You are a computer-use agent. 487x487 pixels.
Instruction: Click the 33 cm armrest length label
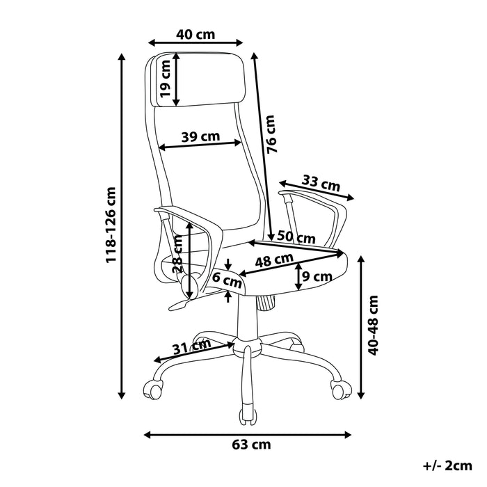pos(321,184)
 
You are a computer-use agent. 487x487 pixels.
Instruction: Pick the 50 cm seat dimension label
pos(296,237)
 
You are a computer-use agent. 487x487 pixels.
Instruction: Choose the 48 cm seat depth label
pos(273,261)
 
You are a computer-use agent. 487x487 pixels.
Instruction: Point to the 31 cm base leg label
pos(193,345)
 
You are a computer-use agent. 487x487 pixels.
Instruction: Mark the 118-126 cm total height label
pos(111,225)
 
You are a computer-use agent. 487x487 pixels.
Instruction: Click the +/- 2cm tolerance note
pos(447,464)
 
